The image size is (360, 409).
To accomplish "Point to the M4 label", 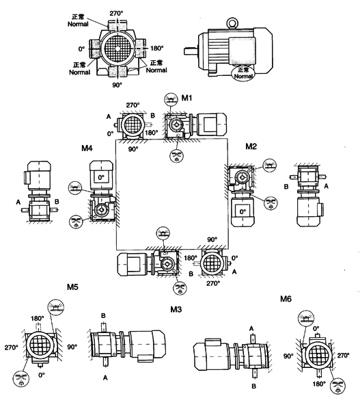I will pos(87,148).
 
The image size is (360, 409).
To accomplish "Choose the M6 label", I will pos(287,299).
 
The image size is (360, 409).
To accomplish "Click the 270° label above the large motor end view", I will pos(117,13).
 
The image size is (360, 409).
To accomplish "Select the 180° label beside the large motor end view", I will pos(156,49).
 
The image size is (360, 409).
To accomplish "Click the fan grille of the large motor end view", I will pos(117,49).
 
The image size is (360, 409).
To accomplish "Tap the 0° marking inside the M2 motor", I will pos(242,211).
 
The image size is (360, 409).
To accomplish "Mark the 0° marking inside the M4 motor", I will pos(100,176).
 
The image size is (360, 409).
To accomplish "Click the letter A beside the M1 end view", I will pos(109,116).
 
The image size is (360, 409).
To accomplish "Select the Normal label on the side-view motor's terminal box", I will pos(244,73).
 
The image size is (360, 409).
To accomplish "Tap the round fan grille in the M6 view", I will pos(318,355).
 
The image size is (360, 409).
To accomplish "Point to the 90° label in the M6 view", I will pos(289,356).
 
